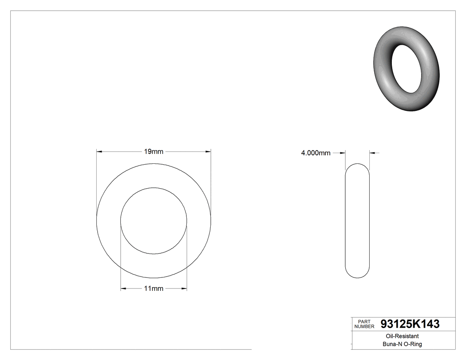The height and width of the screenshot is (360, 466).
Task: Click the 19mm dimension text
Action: pyautogui.click(x=154, y=152)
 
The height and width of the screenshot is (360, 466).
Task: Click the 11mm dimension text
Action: pyautogui.click(x=154, y=289)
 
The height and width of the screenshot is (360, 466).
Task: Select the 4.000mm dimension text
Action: pyautogui.click(x=316, y=153)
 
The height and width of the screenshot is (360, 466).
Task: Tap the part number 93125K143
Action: pyautogui.click(x=411, y=324)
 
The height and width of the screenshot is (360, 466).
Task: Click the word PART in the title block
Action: pyautogui.click(x=364, y=321)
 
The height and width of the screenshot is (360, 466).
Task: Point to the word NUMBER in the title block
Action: pyautogui.click(x=364, y=327)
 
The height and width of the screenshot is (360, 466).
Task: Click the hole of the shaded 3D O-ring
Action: pyautogui.click(x=407, y=69)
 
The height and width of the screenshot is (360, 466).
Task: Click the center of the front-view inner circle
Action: pyautogui.click(x=154, y=221)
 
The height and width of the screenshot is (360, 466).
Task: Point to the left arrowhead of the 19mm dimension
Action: pyautogui.click(x=99, y=152)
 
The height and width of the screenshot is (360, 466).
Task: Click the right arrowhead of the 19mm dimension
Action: pyautogui.click(x=208, y=152)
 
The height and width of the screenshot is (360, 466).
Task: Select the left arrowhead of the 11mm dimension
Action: pyautogui.click(x=123, y=289)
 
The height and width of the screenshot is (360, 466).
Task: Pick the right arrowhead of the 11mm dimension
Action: pyautogui.click(x=184, y=289)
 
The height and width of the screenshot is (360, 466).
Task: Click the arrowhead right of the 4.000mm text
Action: pyautogui.click(x=343, y=153)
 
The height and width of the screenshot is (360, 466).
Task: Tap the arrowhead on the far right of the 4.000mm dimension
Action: pyautogui.click(x=372, y=153)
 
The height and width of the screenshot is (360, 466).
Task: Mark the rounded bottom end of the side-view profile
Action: pyautogui.click(x=357, y=277)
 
